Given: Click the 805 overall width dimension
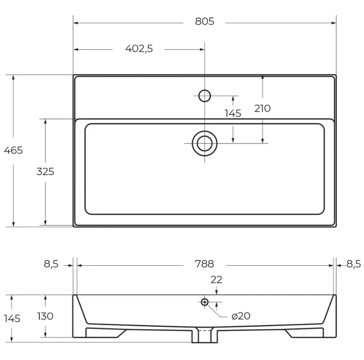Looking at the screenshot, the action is (204, 21).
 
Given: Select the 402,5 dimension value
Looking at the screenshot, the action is (139, 49).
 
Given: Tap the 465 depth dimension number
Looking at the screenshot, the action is (13, 151).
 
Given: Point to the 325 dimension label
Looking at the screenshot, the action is (45, 172).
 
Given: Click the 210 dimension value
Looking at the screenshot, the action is (262, 109).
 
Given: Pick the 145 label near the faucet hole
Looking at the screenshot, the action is (233, 113).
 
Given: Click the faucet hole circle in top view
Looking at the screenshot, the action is (204, 96).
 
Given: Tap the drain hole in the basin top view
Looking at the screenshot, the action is (204, 143).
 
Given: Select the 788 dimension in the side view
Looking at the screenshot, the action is (204, 264).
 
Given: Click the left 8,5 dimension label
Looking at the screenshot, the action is (51, 264).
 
